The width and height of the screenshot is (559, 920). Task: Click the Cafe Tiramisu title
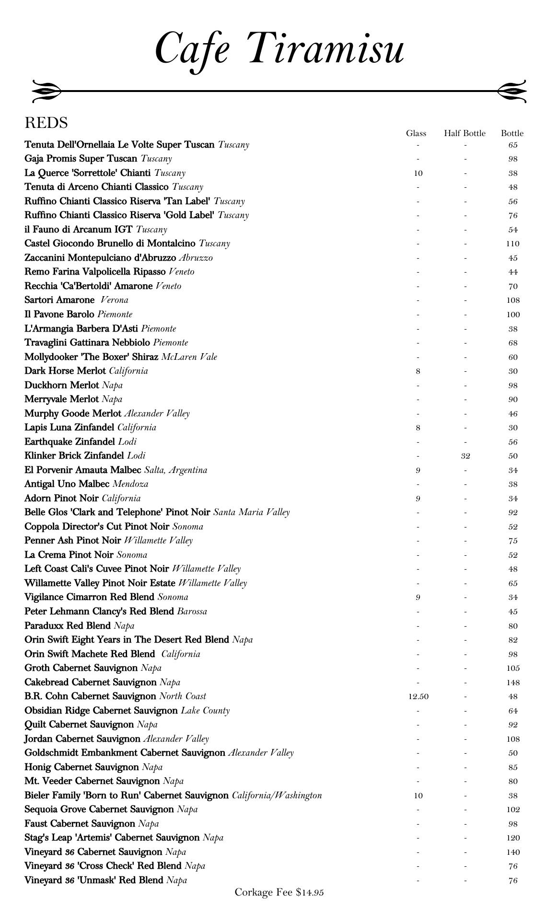pyautogui.click(x=280, y=49)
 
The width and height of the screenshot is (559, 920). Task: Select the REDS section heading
pyautogui.click(x=46, y=123)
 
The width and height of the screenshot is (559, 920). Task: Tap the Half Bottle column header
pyautogui.click(x=465, y=133)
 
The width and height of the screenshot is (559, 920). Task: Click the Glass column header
pyautogui.click(x=416, y=133)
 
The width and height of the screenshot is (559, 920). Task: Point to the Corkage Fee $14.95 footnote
pyautogui.click(x=279, y=892)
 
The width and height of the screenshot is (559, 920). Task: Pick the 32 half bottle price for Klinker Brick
pyautogui.click(x=465, y=456)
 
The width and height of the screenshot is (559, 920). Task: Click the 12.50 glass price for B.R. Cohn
pyautogui.click(x=418, y=696)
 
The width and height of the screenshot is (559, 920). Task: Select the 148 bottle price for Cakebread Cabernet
pyautogui.click(x=512, y=682)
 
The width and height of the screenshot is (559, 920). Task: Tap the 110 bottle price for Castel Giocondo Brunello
pyautogui.click(x=512, y=244)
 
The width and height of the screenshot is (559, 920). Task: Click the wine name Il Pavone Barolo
pyautogui.click(x=59, y=314)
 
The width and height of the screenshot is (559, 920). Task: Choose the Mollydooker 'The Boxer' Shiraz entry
pyautogui.click(x=92, y=357)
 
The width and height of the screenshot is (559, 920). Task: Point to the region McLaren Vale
pyautogui.click(x=189, y=357)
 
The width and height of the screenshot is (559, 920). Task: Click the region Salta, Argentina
pyautogui.click(x=176, y=470)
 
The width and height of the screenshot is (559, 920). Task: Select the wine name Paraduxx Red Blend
pyautogui.click(x=68, y=626)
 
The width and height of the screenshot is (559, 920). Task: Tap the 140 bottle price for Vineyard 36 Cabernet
pyautogui.click(x=512, y=852)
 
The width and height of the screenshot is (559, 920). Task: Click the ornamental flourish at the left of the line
pyautogui.click(x=47, y=91)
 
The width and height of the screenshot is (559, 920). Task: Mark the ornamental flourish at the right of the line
pyautogui.click(x=512, y=91)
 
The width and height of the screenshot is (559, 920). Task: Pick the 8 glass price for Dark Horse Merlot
pyautogui.click(x=418, y=371)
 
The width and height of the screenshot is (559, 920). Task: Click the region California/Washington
pyautogui.click(x=277, y=795)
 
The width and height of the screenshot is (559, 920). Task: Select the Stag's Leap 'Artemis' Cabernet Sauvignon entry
pyautogui.click(x=112, y=838)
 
